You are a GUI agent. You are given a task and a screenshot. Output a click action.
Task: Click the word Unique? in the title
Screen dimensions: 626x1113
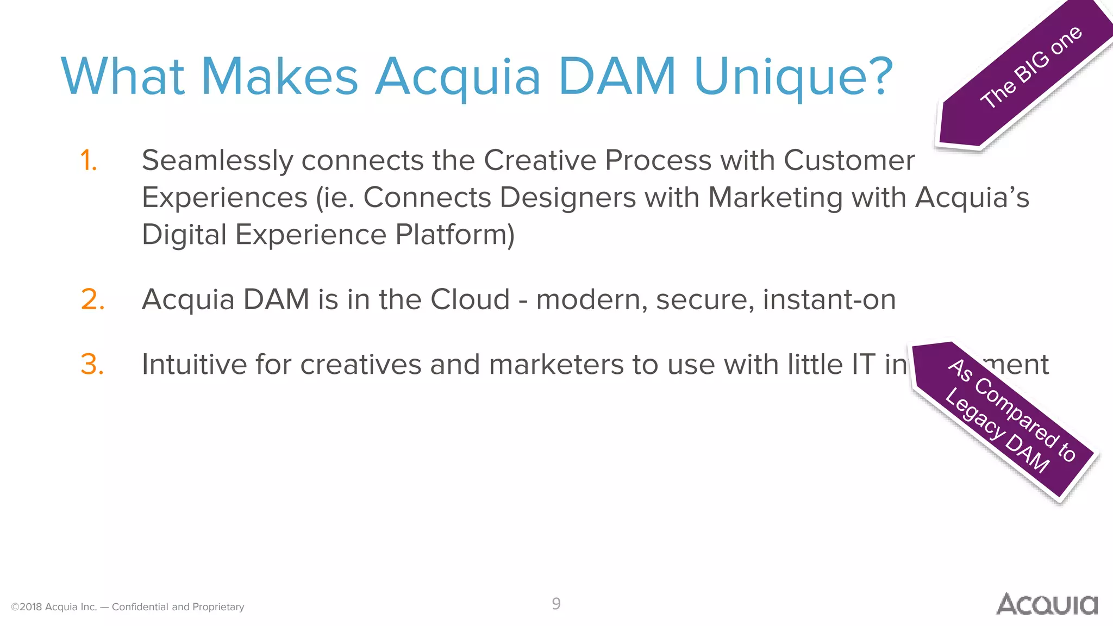pos(793,77)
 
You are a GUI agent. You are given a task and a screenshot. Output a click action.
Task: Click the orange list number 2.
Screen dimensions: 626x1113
pos(92,299)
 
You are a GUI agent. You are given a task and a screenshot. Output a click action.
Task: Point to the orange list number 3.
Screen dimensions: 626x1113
pos(92,364)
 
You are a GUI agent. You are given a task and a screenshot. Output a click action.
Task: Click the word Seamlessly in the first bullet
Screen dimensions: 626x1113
pos(217,161)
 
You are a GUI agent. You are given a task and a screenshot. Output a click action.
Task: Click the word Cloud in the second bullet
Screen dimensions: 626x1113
pos(470,299)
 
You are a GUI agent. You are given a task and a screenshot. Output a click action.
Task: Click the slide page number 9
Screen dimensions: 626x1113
pos(556,604)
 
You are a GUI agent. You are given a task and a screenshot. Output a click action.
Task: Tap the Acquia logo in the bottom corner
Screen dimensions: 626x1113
pos(1047,604)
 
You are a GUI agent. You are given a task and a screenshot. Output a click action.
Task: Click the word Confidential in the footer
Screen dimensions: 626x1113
pos(140,607)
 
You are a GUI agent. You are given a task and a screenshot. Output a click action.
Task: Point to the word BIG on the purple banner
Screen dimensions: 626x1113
pos(1031,70)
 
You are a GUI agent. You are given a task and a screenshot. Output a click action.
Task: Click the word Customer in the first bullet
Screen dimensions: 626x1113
pos(849,161)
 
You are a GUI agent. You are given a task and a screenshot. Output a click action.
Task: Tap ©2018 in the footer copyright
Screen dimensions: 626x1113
pos(27,607)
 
